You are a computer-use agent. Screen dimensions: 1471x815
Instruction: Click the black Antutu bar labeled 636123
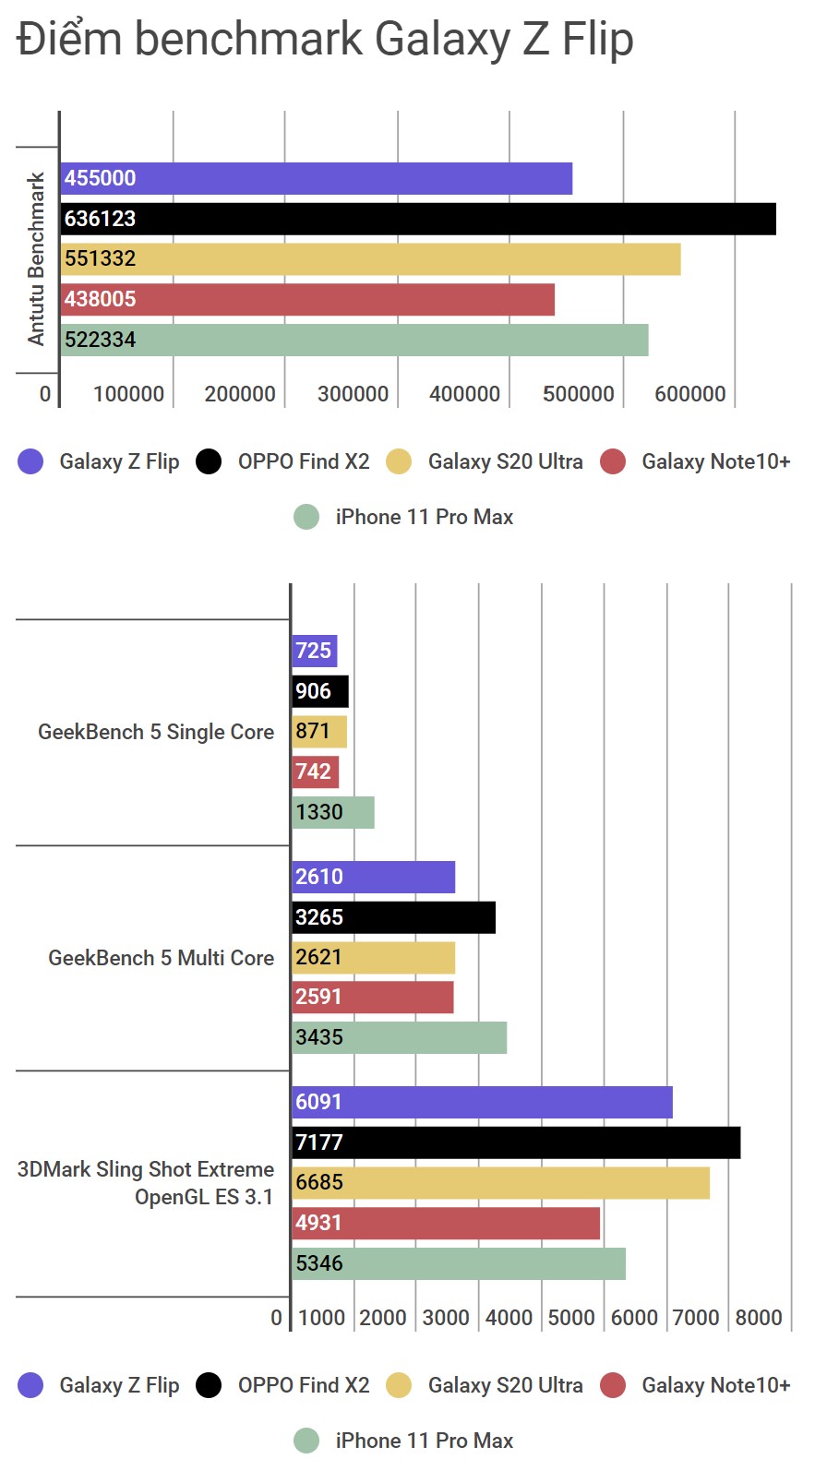point(417,219)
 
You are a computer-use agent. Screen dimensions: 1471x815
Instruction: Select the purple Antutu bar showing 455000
point(316,178)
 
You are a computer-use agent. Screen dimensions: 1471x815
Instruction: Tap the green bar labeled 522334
point(354,340)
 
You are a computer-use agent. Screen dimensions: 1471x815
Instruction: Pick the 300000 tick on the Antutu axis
point(353,394)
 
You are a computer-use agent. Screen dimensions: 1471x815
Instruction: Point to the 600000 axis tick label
point(689,394)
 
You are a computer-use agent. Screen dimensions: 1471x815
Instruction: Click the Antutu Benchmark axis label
point(36,258)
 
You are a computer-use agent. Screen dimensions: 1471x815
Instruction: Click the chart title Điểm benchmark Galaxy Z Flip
point(325,40)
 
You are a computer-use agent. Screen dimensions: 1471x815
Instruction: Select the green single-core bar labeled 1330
point(332,812)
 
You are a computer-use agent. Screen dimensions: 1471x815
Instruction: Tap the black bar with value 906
point(319,691)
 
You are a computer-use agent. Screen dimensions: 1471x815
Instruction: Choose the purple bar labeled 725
point(314,651)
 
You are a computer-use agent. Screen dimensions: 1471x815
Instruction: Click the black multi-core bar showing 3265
point(393,917)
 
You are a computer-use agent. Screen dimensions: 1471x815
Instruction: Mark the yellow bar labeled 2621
point(373,958)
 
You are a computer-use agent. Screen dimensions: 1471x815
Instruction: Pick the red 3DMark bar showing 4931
point(445,1223)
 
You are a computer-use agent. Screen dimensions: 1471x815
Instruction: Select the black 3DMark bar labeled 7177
point(515,1142)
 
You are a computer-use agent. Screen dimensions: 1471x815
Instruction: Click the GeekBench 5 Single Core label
point(156,732)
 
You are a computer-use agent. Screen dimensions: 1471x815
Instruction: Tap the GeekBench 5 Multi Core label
point(161,958)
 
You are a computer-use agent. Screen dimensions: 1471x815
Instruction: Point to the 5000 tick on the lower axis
point(571,1318)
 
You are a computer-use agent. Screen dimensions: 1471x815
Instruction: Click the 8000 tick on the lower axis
point(759,1318)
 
